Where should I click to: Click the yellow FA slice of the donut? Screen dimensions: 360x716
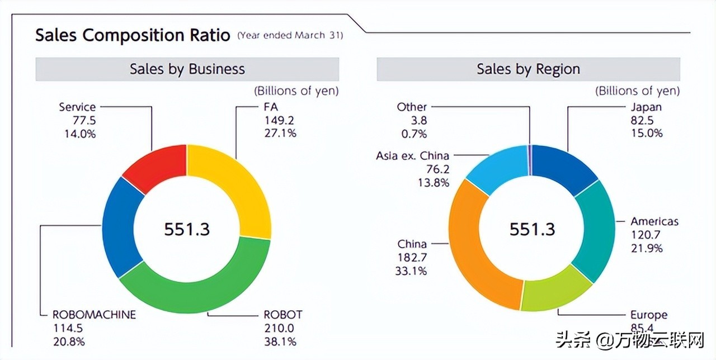click(235, 184)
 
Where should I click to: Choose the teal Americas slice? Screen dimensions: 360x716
click(593, 229)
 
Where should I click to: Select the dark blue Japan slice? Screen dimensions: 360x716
click(562, 165)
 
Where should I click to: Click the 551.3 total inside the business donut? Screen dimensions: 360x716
click(187, 229)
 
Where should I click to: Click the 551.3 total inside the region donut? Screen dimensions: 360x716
click(532, 229)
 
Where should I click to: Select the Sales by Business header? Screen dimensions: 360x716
click(187, 69)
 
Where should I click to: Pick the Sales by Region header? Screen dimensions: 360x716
click(528, 69)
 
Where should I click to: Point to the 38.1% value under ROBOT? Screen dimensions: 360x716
click(280, 341)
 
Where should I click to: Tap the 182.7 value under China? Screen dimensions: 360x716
click(412, 257)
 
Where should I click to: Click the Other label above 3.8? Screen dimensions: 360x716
click(412, 107)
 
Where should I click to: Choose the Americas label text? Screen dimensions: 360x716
click(654, 221)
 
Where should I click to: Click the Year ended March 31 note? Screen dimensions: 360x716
click(290, 36)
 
